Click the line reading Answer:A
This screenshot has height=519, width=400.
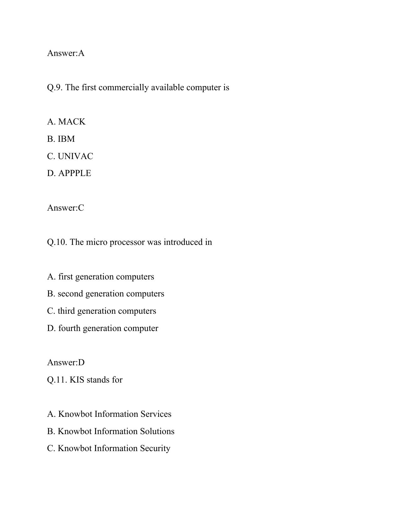[x=66, y=53]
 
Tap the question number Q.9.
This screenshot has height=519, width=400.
[x=55, y=87]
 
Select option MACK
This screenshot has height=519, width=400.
[x=72, y=122]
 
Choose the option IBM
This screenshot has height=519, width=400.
[x=66, y=139]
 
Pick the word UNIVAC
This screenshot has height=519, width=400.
[x=75, y=156]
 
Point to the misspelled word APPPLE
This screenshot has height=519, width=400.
[x=75, y=173]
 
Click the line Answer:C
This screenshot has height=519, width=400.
[x=66, y=208]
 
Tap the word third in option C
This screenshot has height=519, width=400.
[x=66, y=311]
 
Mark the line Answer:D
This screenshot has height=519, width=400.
[x=66, y=362]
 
